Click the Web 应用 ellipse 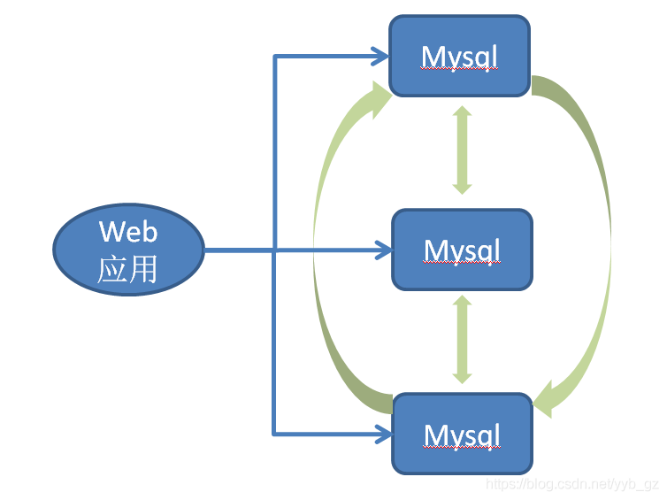[x=129, y=250]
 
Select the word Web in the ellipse [x=128, y=232]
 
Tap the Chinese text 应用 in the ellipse [x=127, y=269]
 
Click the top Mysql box [x=459, y=56]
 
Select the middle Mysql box [x=462, y=250]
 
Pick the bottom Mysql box [x=462, y=434]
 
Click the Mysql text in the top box [x=459, y=58]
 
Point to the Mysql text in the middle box [x=462, y=251]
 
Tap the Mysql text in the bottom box [x=462, y=435]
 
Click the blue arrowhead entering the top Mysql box [x=380, y=56]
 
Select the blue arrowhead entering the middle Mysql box [x=383, y=250]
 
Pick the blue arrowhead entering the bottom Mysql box [x=383, y=434]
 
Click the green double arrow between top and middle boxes [x=462, y=150]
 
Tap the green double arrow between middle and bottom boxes [x=462, y=339]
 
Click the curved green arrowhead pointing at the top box [x=379, y=99]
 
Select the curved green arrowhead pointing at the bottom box [x=546, y=400]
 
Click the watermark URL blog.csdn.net [x=572, y=485]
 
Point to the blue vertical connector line [x=274, y=245]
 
